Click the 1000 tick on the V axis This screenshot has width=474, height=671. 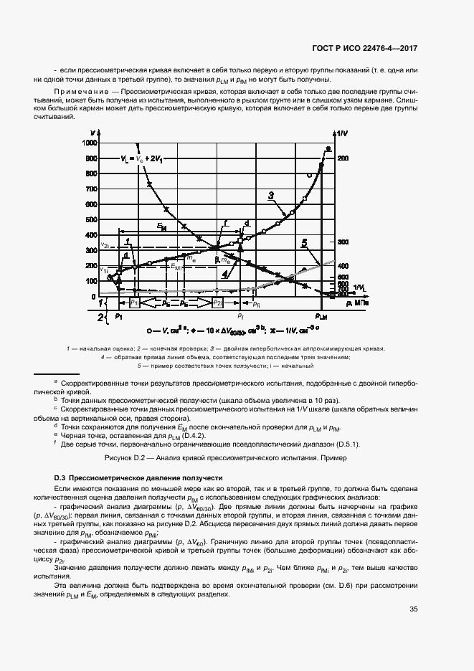[90, 143]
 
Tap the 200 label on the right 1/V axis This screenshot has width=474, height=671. [343, 158]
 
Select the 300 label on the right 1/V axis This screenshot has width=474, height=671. [343, 242]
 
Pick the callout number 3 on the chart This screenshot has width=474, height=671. [272, 195]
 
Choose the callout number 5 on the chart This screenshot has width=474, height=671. [304, 244]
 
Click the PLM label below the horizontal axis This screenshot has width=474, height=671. [321, 316]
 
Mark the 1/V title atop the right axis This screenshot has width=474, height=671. [342, 134]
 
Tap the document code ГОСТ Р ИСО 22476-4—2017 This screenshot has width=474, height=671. [365, 48]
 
